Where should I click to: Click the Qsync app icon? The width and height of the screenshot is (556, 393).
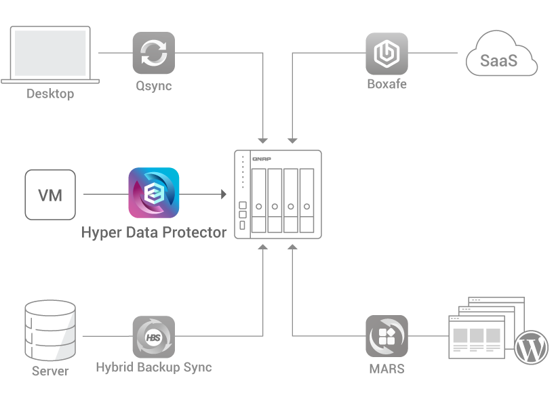pos(153,53)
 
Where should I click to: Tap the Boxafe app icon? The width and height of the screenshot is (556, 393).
pos(386,53)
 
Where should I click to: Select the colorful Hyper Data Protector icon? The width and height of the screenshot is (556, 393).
pos(154,192)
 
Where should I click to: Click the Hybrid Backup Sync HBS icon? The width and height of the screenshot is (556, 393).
pos(153,336)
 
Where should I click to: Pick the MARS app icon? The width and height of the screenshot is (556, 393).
pos(386,336)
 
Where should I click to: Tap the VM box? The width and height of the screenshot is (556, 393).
pos(50,195)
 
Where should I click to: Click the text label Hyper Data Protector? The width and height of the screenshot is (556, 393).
pos(154,232)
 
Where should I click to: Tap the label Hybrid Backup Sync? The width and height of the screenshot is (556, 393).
pos(153,368)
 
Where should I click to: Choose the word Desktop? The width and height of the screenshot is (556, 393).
pos(50,94)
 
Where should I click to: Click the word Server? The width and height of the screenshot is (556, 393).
pos(50,371)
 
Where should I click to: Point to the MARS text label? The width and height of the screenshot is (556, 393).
pos(386,369)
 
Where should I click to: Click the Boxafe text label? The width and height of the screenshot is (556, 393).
pos(386,85)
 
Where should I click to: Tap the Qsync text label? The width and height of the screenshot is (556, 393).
pos(153,86)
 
